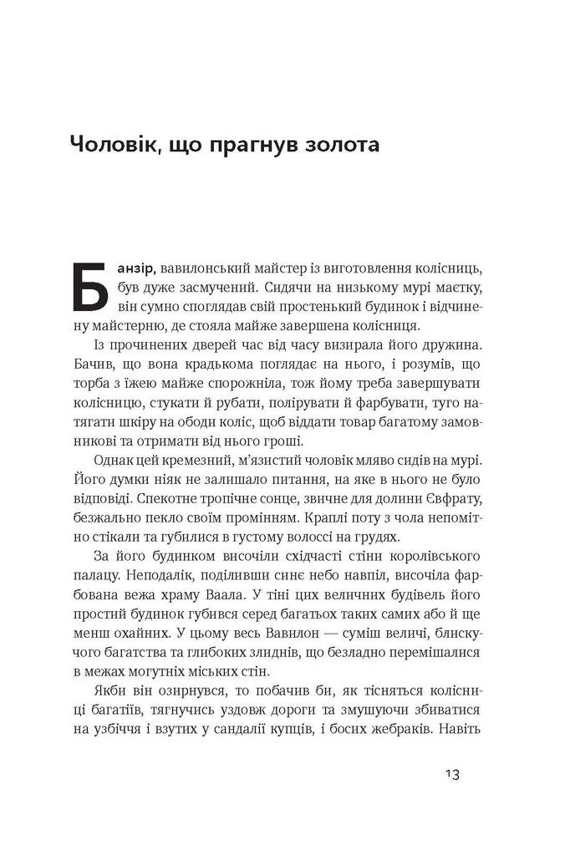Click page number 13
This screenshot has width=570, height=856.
448,774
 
